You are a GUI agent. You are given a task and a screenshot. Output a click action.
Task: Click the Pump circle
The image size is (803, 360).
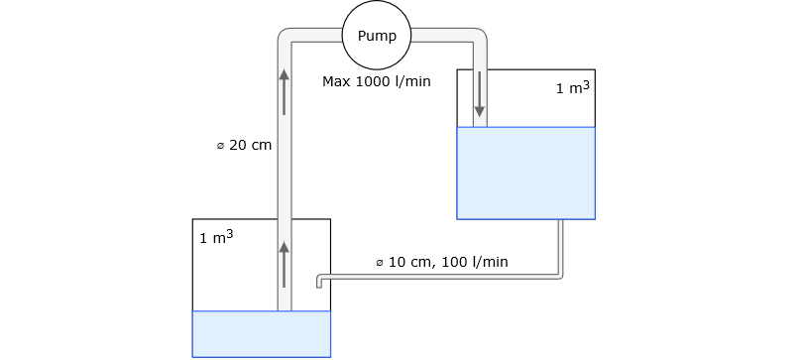click(x=376, y=36)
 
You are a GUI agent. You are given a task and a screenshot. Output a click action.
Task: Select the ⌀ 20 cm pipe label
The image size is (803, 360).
click(x=244, y=145)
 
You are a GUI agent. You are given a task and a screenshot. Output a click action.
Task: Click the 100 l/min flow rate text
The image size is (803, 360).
click(x=476, y=263)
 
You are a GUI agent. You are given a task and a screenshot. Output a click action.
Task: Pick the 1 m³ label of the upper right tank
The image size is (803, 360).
click(x=572, y=88)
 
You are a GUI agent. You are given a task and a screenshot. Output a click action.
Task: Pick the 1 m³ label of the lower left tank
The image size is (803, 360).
click(x=216, y=238)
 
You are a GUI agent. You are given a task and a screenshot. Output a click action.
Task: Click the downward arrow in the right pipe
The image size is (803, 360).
click(x=480, y=93)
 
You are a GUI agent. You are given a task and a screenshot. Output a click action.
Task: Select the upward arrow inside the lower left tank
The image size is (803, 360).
click(x=285, y=264)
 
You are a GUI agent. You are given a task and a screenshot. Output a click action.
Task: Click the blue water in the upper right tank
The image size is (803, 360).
click(x=525, y=173)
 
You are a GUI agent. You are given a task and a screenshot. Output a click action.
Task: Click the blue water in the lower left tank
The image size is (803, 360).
click(x=261, y=333)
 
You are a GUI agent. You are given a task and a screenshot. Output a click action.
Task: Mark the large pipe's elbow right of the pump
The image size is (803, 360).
click(x=478, y=38)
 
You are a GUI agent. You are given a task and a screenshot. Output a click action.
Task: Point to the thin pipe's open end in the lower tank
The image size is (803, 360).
click(x=319, y=284)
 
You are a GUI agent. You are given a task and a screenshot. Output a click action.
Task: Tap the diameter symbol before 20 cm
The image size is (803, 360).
click(x=220, y=146)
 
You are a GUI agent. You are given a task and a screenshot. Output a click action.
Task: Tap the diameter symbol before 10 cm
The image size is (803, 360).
click(x=380, y=263)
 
